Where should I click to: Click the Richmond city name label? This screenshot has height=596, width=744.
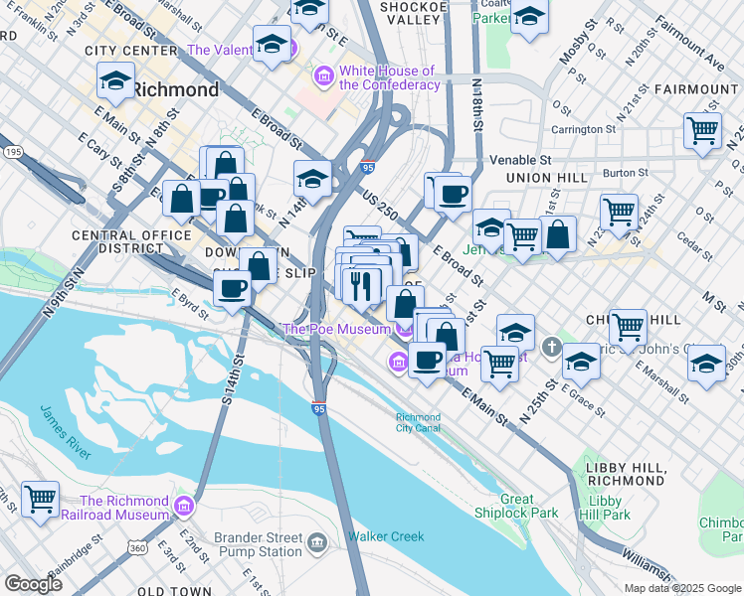[175, 89]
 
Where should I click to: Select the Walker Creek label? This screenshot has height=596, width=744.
[385, 536]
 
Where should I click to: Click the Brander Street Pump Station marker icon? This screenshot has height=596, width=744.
[316, 542]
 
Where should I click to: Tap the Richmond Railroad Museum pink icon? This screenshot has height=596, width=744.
[182, 508]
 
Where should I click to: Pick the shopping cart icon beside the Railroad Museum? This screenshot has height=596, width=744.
[40, 499]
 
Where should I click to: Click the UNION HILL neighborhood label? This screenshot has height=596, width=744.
[543, 177]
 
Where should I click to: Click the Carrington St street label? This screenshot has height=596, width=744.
[584, 129]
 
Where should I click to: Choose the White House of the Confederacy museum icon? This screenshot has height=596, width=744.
[324, 76]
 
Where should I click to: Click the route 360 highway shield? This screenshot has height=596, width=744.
[136, 547]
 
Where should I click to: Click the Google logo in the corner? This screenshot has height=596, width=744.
[32, 583]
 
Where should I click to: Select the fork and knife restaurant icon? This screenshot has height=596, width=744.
[361, 285]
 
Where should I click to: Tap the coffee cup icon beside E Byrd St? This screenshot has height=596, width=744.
[233, 289]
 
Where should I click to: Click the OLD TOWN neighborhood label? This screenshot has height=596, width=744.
[173, 591]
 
